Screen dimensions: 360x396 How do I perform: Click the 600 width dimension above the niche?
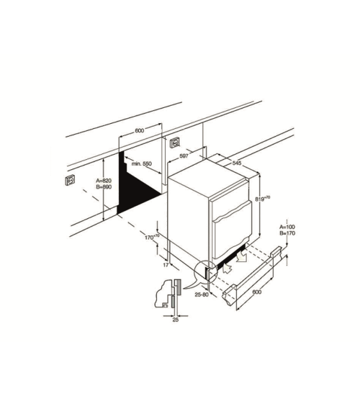coord(140,130)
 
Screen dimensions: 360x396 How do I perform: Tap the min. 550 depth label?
coord(141,163)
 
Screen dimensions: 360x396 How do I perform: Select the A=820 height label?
coord(104,181)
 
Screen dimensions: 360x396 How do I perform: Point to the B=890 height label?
coord(104,187)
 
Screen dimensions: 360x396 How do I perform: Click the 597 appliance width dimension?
coord(184,156)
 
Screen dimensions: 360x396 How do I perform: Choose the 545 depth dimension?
coord(237,163)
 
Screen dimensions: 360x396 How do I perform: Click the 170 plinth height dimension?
coord(152,237)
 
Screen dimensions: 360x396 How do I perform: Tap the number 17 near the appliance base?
coord(166,265)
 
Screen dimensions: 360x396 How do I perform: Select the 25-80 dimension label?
coord(202,294)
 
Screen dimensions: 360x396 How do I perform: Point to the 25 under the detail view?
coord(176,320)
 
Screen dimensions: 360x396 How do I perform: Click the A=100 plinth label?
coord(287,227)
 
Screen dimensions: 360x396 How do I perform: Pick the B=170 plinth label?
coord(287,233)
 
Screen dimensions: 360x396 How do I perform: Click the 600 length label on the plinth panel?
coord(256,292)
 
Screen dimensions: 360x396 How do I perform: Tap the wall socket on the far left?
coord(70,180)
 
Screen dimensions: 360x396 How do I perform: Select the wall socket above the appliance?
coord(175,143)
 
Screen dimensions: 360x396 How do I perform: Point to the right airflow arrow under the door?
coord(242,257)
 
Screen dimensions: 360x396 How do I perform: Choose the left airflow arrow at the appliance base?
coord(227,269)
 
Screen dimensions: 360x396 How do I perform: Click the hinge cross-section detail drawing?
coord(167,294)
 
